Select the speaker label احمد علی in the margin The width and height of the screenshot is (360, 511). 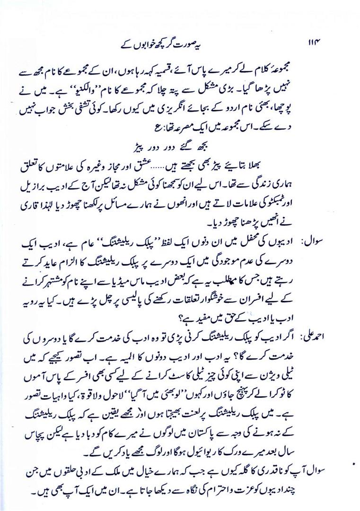(x=335, y=335)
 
